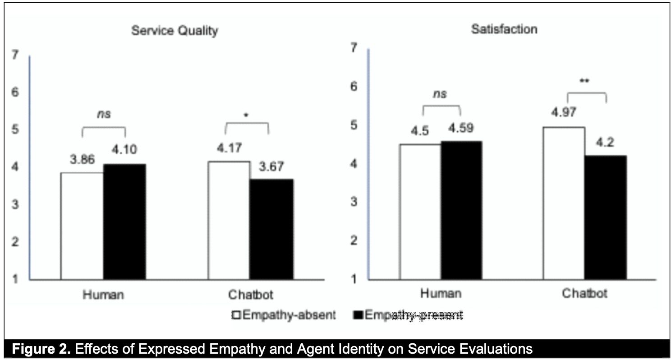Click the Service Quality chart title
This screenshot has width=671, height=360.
(175, 31)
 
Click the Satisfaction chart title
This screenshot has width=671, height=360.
(504, 29)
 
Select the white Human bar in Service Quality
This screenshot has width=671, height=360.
(82, 226)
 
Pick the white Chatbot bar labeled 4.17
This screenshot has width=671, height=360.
(228, 220)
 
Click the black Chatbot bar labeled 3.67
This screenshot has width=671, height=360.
(271, 229)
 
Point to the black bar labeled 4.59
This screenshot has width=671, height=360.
(462, 210)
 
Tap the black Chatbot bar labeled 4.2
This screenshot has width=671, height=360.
(606, 217)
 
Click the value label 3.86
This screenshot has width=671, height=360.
(82, 161)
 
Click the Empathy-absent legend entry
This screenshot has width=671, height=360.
(284, 315)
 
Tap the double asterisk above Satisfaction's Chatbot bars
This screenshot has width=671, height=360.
(585, 81)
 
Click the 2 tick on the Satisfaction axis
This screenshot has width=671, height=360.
(355, 240)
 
